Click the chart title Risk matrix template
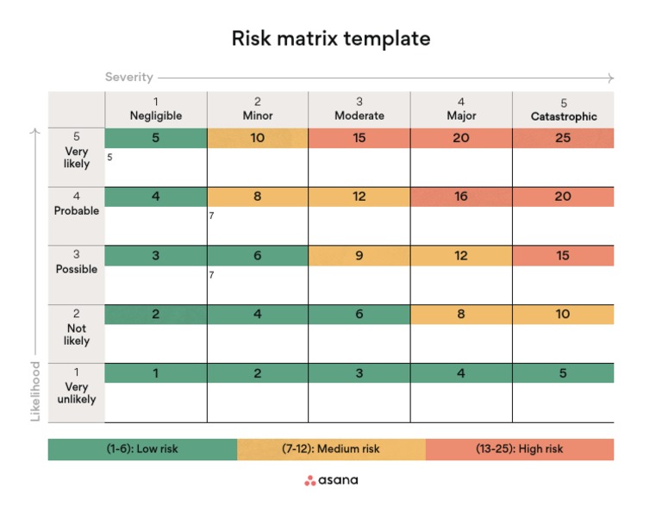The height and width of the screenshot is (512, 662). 331,39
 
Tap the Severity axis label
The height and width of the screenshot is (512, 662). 129,78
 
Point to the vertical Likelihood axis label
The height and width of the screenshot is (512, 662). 36,391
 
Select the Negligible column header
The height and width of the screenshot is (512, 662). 155,109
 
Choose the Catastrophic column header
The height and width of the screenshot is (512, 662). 563,109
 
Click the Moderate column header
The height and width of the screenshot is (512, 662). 359,109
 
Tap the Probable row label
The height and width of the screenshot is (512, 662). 76,203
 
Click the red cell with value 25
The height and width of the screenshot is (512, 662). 563,138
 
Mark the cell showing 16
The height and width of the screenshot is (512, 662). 461,197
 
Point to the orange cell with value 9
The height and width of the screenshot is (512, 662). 359,255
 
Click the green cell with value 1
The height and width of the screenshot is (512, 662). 155,373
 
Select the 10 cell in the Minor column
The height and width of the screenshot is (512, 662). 258,138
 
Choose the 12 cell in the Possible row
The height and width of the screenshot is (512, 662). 461,255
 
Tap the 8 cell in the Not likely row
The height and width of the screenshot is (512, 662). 461,315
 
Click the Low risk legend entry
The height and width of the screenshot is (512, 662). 142,449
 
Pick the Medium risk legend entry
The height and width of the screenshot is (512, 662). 331,449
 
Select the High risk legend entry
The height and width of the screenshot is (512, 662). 519,449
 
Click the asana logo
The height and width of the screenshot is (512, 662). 331,480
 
